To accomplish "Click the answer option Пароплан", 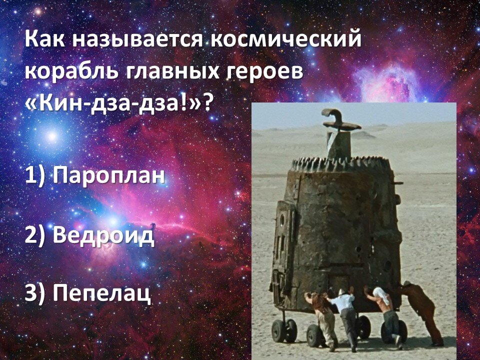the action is coord(108,175).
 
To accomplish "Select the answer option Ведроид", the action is coord(103,235).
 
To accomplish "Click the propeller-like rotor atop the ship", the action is coord(340,120).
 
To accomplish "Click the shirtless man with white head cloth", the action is coord(384,315).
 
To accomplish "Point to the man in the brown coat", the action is coord(421,312).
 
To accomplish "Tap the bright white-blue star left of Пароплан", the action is coord(52,135).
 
